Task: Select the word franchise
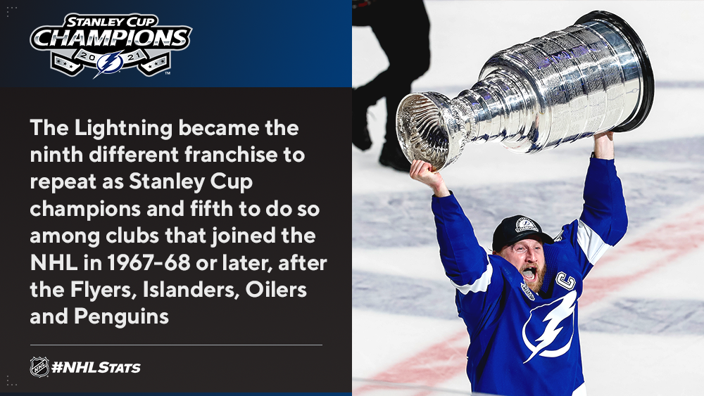231,155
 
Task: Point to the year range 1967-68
149,263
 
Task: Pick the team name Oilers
276,290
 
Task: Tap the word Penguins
121,317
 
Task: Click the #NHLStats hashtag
96,368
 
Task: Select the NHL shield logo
39,367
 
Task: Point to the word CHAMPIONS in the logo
111,39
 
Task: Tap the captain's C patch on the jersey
565,281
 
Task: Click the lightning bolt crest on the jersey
550,325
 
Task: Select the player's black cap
521,231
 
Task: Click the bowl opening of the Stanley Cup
421,129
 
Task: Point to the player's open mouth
529,274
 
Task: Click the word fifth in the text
211,209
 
